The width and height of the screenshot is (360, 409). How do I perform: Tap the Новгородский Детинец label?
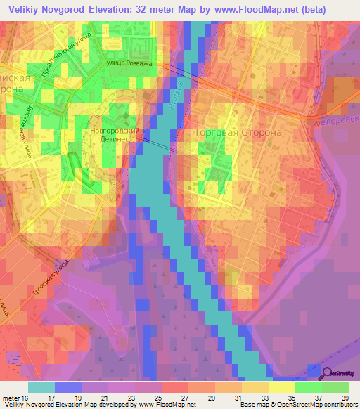point(117,136)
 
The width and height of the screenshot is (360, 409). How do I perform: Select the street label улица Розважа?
point(129,63)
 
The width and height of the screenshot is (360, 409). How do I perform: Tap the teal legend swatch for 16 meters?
point(41,387)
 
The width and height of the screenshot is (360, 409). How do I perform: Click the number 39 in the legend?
point(345,398)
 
